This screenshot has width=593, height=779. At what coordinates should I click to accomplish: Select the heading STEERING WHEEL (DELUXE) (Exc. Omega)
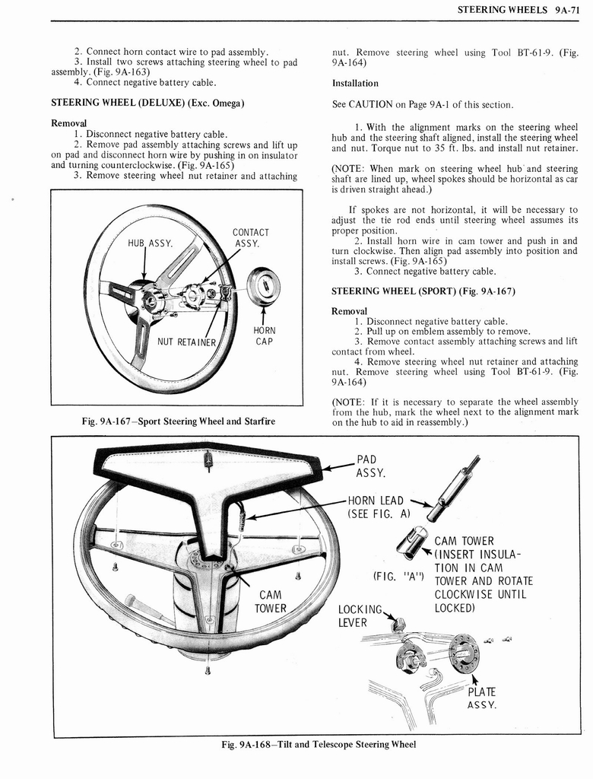[x=147, y=102]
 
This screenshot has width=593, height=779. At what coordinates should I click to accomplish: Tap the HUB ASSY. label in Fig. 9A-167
[x=151, y=243]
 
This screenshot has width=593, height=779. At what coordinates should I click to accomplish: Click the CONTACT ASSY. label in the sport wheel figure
[x=250, y=238]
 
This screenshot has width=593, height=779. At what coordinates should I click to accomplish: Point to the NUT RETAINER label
[x=187, y=341]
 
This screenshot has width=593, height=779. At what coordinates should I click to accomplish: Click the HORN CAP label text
[x=264, y=335]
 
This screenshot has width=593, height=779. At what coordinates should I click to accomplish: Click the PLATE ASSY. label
[x=480, y=698]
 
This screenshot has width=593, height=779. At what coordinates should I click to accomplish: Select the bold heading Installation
[x=355, y=83]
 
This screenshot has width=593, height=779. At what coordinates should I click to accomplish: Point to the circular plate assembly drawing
[x=463, y=653]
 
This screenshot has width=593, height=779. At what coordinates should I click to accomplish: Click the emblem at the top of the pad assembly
[x=208, y=461]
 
